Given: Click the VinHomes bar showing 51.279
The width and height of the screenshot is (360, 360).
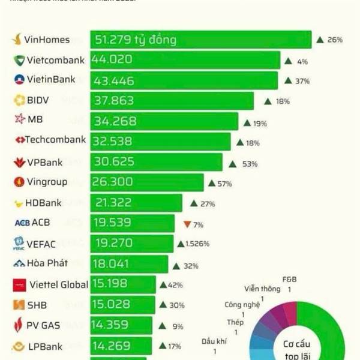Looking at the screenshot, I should click(x=201, y=40).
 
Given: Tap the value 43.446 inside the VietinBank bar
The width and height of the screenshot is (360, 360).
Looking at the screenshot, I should click(x=114, y=81).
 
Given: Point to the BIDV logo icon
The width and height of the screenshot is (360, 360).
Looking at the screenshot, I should click(x=19, y=100).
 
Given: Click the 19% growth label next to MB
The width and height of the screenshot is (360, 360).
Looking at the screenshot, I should click(x=260, y=124).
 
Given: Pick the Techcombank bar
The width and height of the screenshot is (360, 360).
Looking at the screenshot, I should click(x=161, y=142).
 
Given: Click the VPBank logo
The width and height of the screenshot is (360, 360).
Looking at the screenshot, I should click(x=19, y=163).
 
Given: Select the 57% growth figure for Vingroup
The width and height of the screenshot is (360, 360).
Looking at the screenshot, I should click(x=224, y=184).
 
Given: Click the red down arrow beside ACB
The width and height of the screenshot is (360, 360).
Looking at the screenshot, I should click(x=187, y=224).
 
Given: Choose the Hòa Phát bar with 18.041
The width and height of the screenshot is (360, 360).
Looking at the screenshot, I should click(x=130, y=264).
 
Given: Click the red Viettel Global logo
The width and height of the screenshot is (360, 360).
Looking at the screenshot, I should click(x=19, y=285).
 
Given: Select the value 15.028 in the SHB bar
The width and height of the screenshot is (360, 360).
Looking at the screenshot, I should click(x=114, y=305).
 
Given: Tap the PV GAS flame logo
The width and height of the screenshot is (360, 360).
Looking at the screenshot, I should click(x=19, y=326).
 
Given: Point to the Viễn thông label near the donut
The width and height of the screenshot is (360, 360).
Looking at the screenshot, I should click(x=262, y=289).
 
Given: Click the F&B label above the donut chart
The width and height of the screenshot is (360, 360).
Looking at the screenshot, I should click(x=289, y=280).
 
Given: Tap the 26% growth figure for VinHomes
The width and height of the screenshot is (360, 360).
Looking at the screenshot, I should click(x=335, y=40).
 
